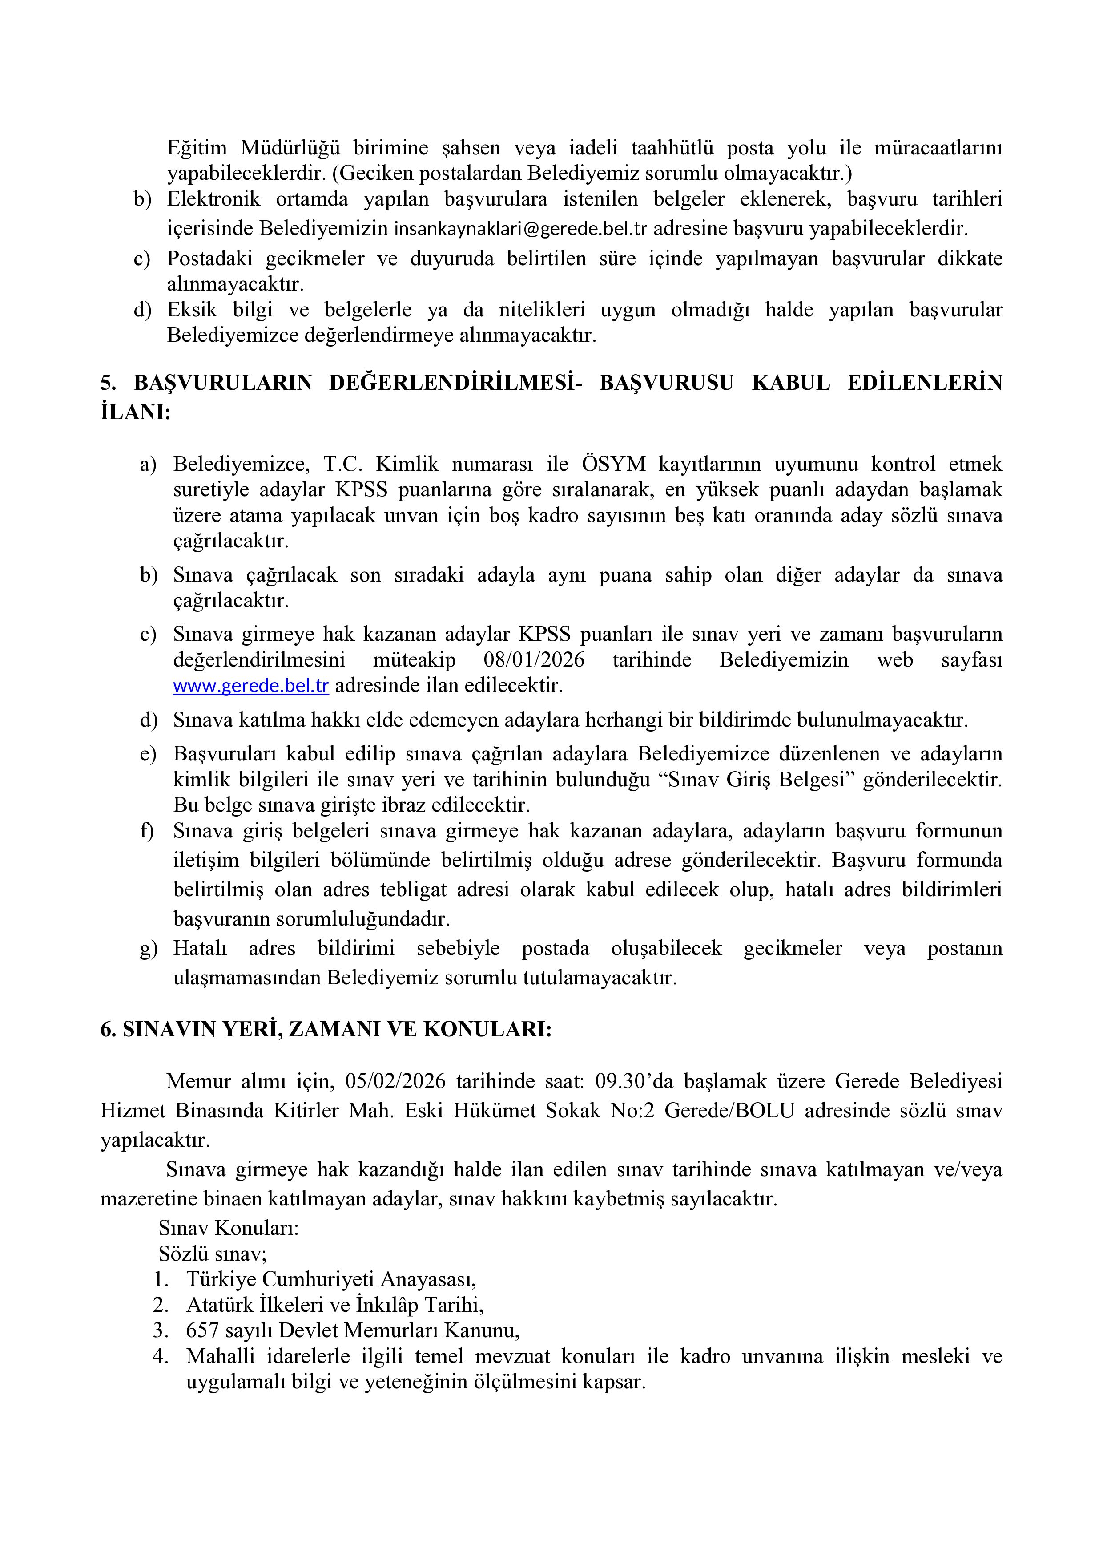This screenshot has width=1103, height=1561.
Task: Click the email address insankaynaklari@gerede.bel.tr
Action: [520, 228]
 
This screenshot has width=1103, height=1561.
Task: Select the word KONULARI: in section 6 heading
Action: [487, 1029]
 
